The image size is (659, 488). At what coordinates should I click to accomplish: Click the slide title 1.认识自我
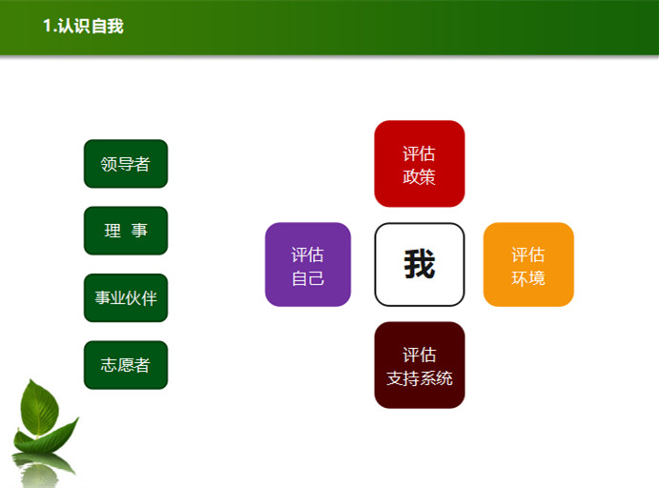click(x=83, y=26)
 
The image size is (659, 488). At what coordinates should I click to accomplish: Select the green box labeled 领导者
click(x=126, y=164)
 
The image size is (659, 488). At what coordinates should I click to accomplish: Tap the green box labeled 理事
click(x=126, y=231)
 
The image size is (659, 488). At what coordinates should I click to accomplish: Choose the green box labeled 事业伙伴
click(x=126, y=297)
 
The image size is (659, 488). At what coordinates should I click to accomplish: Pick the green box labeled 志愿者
click(x=126, y=365)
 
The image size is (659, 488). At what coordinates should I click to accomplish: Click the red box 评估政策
click(x=420, y=164)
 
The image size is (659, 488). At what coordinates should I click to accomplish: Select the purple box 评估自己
click(x=308, y=265)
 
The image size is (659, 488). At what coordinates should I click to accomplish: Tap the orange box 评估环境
click(x=528, y=265)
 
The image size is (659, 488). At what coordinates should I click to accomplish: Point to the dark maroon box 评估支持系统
click(x=420, y=365)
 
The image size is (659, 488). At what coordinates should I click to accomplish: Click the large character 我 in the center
click(x=420, y=264)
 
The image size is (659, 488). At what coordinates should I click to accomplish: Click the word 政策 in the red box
click(x=419, y=177)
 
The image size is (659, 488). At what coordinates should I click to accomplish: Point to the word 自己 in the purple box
click(x=308, y=278)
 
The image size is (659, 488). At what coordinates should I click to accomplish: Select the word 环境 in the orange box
click(x=528, y=278)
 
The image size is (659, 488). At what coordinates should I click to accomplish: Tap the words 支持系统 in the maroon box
click(x=420, y=378)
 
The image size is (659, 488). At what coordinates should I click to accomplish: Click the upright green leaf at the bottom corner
click(x=39, y=408)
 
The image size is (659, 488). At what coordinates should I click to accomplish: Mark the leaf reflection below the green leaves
click(x=42, y=470)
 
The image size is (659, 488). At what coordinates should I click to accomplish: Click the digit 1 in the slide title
click(x=48, y=26)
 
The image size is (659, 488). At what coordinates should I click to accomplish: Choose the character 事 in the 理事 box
click(x=139, y=231)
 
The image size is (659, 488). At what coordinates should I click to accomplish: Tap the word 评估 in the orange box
click(x=528, y=254)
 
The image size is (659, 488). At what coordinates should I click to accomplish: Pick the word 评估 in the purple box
click(x=308, y=254)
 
